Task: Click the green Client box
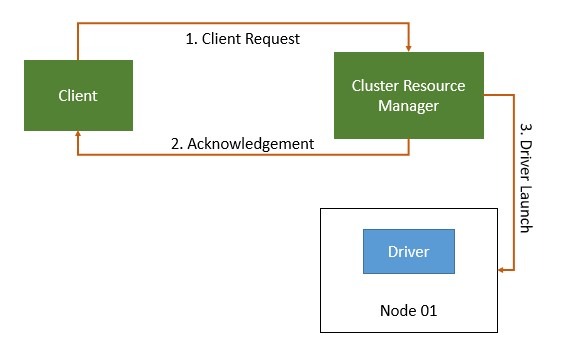click(78, 96)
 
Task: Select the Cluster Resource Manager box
click(409, 95)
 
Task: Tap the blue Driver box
click(408, 251)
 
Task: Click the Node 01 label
click(408, 310)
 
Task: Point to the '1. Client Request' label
click(243, 39)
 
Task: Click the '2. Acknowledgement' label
click(242, 143)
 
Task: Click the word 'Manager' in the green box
click(409, 106)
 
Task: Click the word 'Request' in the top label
click(272, 39)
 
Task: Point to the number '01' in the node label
click(427, 310)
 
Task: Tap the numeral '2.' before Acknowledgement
click(177, 143)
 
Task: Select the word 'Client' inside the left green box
click(78, 96)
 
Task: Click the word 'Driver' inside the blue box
click(408, 251)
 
